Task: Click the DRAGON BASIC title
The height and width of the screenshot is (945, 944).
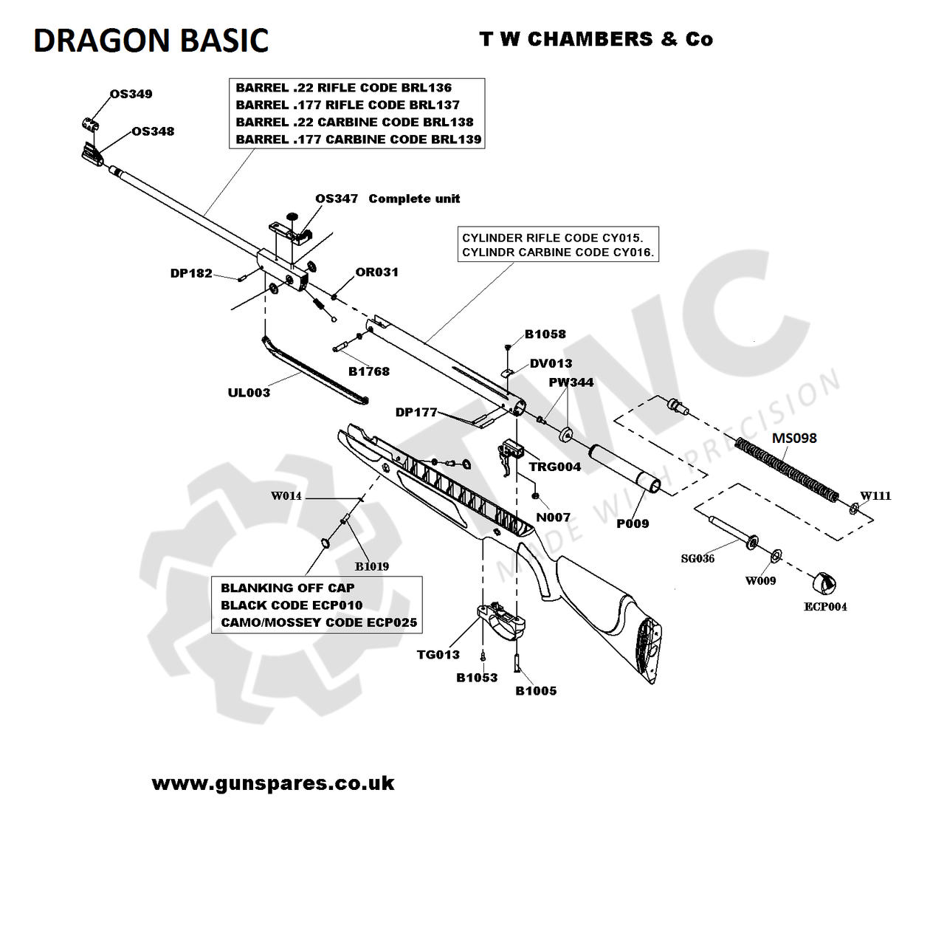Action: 151,41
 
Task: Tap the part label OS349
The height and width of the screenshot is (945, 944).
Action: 131,94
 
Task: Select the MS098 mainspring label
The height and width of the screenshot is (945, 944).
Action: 794,438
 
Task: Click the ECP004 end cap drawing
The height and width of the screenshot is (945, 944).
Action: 824,583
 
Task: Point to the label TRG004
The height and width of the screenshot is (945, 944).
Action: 554,467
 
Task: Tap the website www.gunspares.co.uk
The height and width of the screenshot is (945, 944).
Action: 273,783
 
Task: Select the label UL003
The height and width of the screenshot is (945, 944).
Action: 249,393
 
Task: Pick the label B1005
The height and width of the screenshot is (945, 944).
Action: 536,691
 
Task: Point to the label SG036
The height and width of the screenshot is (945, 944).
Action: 697,559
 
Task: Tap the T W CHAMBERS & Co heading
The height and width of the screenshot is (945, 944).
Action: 596,39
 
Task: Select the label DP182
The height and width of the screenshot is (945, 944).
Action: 191,273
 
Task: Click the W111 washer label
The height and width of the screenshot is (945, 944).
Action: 875,496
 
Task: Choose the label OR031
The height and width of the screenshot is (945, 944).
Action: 376,272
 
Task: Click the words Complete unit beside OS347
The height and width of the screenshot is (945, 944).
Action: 414,199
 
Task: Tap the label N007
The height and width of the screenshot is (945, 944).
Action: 553,518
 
